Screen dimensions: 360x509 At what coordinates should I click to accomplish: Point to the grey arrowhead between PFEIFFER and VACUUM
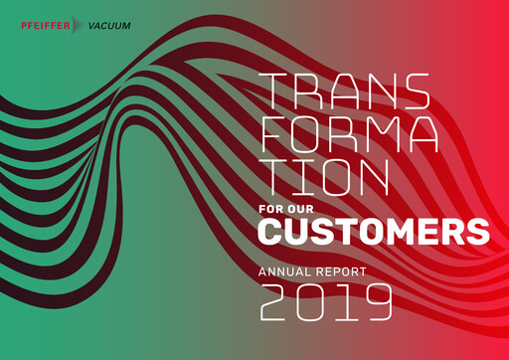pyautogui.click(x=79, y=26)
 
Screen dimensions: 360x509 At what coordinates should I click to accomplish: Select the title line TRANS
pyautogui.click(x=344, y=92)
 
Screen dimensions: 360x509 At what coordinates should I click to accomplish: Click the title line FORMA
pyautogui.click(x=353, y=134)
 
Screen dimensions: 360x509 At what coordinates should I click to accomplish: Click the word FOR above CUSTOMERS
pyautogui.click(x=272, y=210)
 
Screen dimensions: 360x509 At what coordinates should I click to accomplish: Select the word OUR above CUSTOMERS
pyautogui.click(x=304, y=210)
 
